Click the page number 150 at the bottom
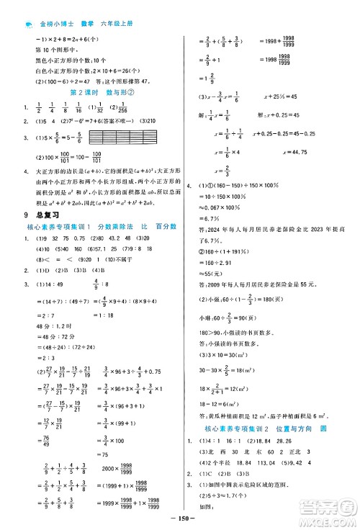pos(180,520)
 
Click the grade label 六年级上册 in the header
pos(124,8)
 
